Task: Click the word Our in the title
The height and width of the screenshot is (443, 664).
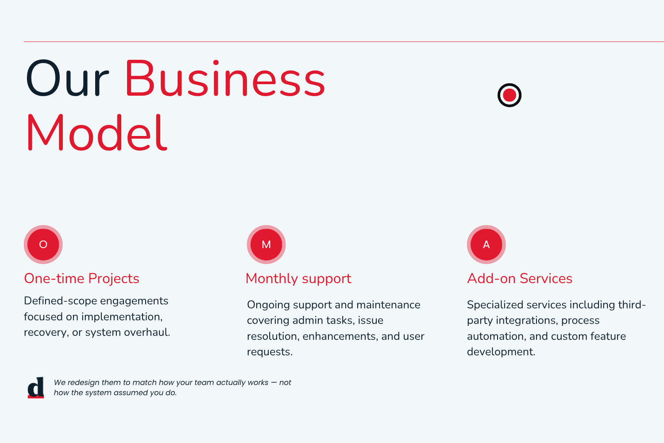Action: (67, 78)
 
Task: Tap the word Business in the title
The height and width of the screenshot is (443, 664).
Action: (225, 78)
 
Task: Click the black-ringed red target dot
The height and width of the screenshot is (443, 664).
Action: (509, 95)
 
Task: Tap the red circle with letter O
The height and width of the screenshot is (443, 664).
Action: (43, 245)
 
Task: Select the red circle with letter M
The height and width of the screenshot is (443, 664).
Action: (266, 245)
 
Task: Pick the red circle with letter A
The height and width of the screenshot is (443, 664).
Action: (486, 245)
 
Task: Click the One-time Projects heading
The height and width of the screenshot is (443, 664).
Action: (81, 279)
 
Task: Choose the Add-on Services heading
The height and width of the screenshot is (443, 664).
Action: (520, 279)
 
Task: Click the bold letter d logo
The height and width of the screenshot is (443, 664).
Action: (36, 388)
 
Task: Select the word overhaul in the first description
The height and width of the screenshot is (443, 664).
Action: (147, 332)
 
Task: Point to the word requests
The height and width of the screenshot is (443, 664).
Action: (270, 352)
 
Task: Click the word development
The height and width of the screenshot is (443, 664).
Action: (501, 352)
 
